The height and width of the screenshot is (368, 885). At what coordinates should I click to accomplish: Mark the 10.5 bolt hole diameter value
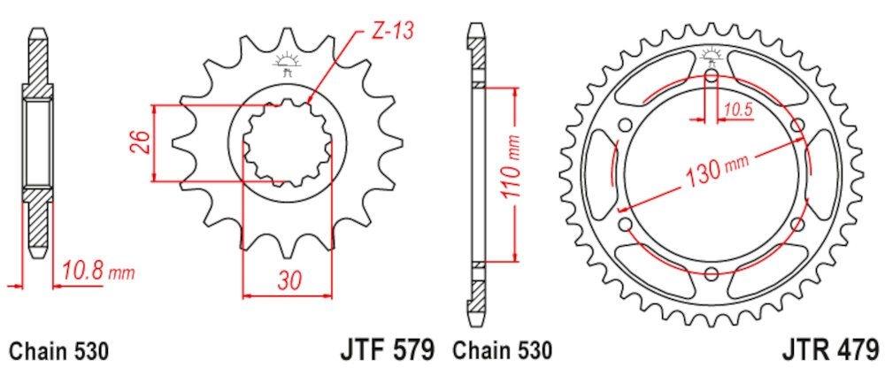(x=737, y=110)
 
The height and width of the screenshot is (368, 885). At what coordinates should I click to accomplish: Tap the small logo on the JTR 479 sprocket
(x=712, y=58)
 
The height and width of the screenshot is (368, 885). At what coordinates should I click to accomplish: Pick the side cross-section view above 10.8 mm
(x=38, y=142)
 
